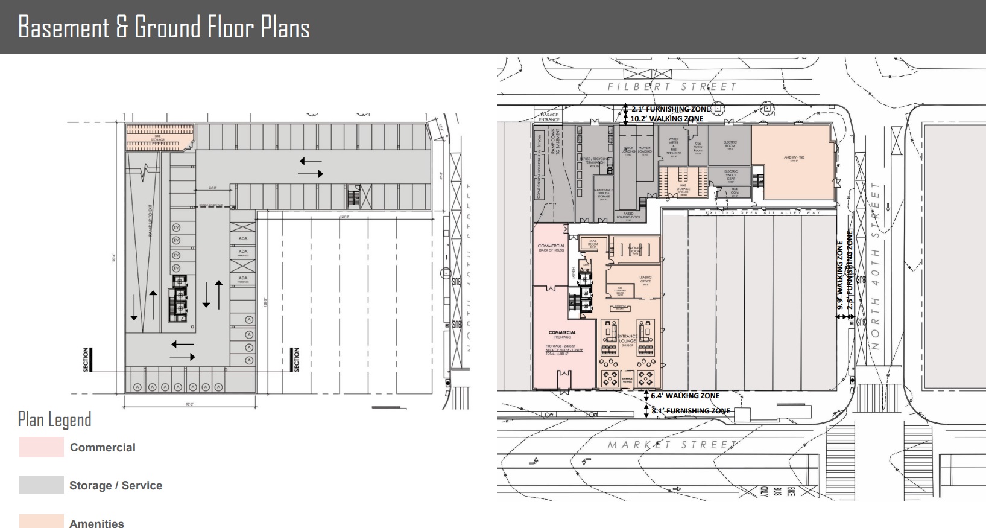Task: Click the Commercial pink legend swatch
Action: tap(41, 447)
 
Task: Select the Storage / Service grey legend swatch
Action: tap(41, 485)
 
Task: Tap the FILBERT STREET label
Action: tap(672, 87)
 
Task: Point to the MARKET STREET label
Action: tap(672, 445)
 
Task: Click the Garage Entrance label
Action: tap(549, 116)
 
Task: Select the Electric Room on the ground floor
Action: tap(730, 145)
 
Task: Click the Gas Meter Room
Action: tap(698, 147)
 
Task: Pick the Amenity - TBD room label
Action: tap(794, 158)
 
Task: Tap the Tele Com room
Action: tap(734, 191)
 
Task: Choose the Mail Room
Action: tap(592, 244)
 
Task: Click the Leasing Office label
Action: tap(645, 280)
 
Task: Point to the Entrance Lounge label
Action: tap(627, 339)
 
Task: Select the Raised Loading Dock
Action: tap(628, 215)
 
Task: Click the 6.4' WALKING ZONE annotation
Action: tap(684, 396)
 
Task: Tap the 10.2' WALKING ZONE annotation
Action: tap(666, 119)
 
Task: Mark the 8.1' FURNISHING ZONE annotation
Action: tap(691, 411)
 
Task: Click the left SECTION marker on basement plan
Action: tap(86, 360)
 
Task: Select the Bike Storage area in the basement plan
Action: tap(159, 138)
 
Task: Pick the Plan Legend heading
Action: tap(54, 419)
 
